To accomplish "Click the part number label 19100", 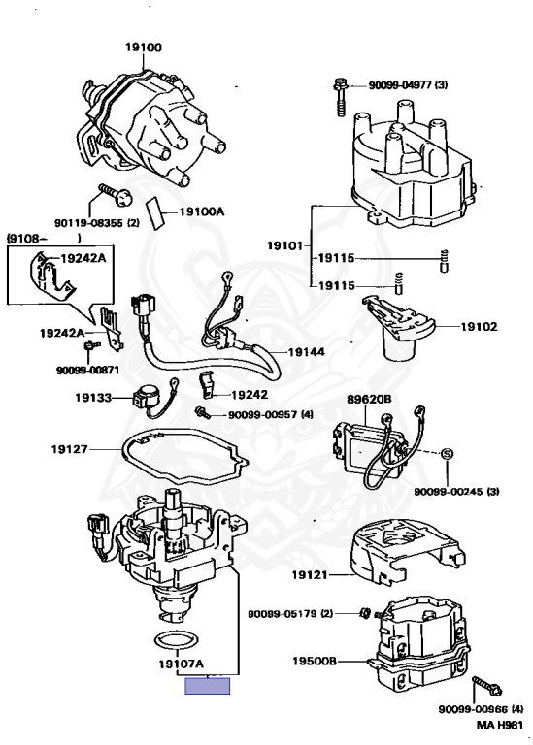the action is tap(144, 47).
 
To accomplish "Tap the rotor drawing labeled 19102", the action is tap(398, 329).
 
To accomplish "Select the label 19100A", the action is tap(202, 211).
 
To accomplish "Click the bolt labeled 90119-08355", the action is tap(116, 195).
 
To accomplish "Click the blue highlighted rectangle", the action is tap(208, 686).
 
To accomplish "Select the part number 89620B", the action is tap(369, 399).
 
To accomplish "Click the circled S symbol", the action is tap(447, 454).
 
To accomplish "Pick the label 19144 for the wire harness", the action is tap(307, 352).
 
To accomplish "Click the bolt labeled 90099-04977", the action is tap(341, 97).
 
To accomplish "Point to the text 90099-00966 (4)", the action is tap(481, 709).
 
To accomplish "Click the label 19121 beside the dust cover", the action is tap(310, 575).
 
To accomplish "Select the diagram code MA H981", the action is tap(500, 725).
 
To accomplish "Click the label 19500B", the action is tap(315, 661).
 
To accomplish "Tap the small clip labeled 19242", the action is tap(208, 384).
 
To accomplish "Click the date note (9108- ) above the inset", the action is tap(44, 239).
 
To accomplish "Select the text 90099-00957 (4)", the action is tap(271, 415).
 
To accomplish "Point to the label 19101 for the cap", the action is tap(284, 245).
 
